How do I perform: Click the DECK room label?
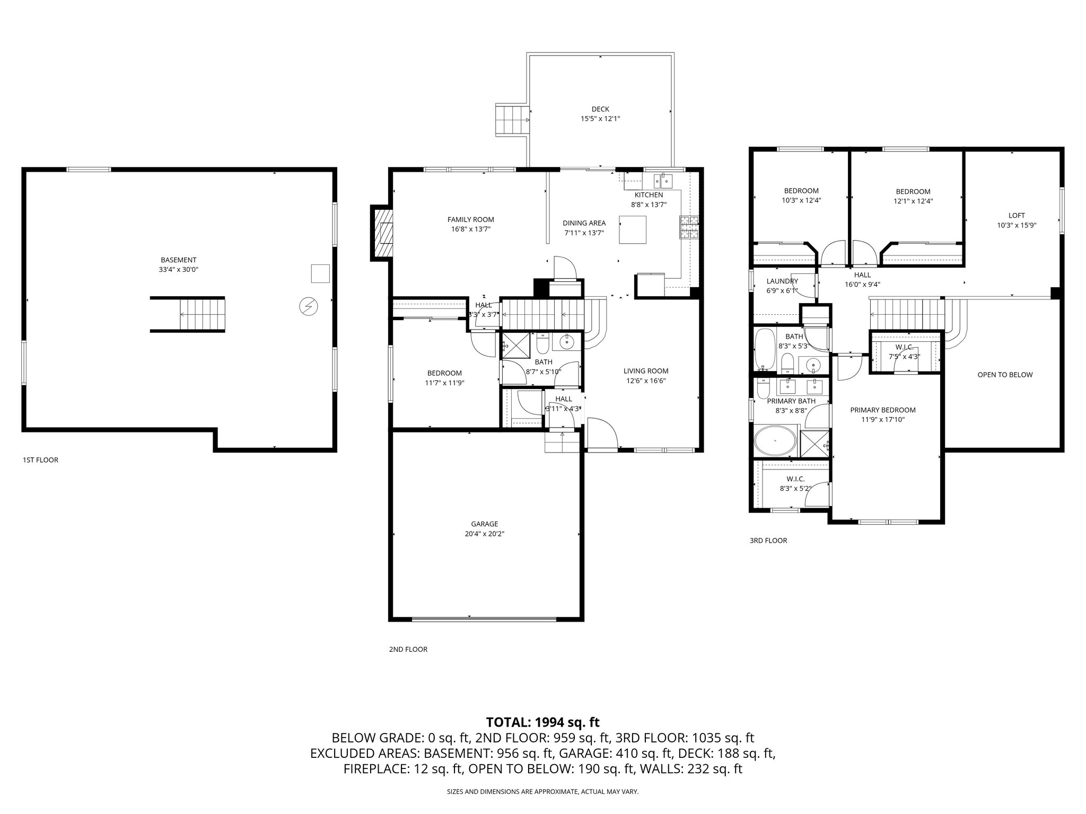click(x=600, y=109)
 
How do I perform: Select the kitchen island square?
click(x=633, y=229)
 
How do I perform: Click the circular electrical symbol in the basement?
click(x=308, y=306)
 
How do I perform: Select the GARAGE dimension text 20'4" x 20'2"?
click(x=484, y=534)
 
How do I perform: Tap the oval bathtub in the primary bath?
click(x=775, y=440)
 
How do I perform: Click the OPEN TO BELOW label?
click(x=1005, y=375)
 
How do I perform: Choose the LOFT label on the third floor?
click(x=1017, y=216)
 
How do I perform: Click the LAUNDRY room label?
click(x=782, y=281)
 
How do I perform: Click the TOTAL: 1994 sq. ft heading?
click(x=542, y=722)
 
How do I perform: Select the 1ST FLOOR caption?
click(x=40, y=460)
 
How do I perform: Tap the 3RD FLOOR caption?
click(x=768, y=541)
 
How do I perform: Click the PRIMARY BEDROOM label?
click(x=883, y=410)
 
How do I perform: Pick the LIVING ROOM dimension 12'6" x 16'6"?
click(x=646, y=381)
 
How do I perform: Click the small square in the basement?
click(x=320, y=273)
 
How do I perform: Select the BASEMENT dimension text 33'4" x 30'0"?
click(x=179, y=269)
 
